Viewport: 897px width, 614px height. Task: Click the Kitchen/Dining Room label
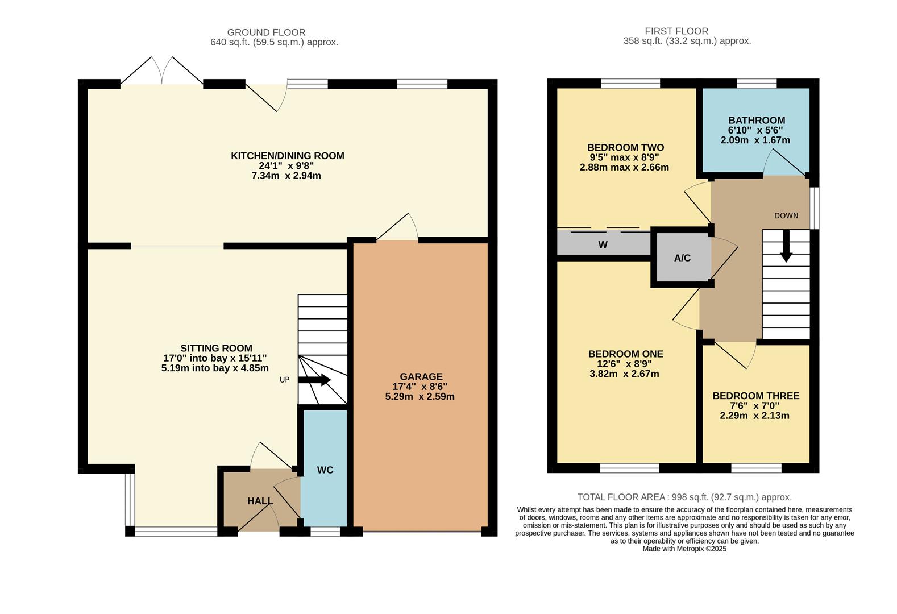(287, 156)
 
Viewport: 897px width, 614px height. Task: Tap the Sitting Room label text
(216, 348)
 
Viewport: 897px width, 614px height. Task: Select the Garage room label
(421, 376)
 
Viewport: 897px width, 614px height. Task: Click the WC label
(325, 470)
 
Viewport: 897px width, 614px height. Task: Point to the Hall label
(260, 501)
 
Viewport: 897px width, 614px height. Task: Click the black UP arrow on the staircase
(314, 380)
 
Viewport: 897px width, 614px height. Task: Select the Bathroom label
(757, 120)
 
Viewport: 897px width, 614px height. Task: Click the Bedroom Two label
(625, 147)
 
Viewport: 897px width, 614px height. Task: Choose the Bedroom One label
(625, 354)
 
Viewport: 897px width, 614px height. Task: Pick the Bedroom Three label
(755, 396)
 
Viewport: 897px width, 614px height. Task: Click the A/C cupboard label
(682, 258)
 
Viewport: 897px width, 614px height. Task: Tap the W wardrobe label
(603, 244)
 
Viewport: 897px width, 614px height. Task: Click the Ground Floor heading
(266, 32)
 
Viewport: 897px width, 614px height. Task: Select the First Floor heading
(676, 31)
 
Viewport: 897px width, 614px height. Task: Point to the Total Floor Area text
(684, 497)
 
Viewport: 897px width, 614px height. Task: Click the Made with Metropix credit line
(684, 549)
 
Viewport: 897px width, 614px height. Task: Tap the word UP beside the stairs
(284, 380)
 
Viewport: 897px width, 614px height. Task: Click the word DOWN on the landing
(786, 215)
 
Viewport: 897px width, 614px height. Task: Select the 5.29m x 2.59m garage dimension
(420, 396)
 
